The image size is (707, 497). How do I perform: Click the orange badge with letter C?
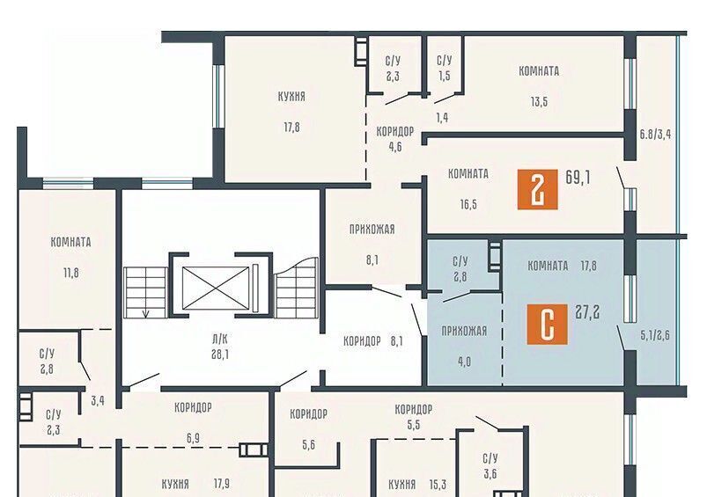(547, 325)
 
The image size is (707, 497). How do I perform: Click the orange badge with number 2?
(537, 189)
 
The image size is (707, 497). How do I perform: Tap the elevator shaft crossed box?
(216, 289)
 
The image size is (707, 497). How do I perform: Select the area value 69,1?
(578, 178)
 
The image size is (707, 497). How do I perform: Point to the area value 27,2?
(587, 311)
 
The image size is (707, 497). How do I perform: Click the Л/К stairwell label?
(219, 339)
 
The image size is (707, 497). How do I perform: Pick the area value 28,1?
(219, 354)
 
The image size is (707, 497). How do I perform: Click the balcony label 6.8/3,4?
(655, 134)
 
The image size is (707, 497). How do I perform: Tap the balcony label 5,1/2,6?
(655, 335)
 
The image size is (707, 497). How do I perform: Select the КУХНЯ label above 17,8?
(291, 97)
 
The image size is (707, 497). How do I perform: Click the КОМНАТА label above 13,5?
(539, 71)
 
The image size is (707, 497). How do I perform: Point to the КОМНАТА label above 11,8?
(70, 242)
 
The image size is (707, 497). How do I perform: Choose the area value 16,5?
(468, 205)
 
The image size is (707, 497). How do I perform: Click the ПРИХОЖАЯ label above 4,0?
(464, 331)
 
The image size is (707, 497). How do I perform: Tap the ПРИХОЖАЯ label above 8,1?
(372, 230)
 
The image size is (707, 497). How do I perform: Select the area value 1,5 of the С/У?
(445, 76)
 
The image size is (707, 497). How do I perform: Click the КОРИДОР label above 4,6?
(395, 132)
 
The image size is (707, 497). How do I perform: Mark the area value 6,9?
(193, 438)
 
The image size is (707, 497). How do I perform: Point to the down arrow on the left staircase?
(145, 312)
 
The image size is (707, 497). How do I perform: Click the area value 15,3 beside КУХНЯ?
(438, 485)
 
